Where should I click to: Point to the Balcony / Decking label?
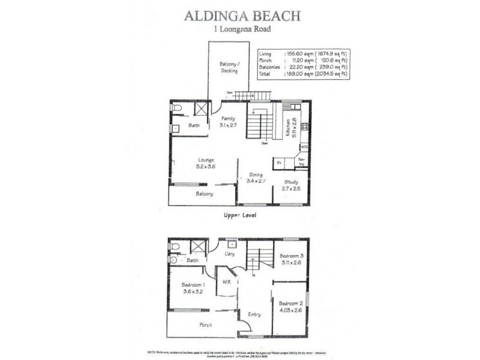click(x=229, y=67)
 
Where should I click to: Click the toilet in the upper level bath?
click(x=176, y=108)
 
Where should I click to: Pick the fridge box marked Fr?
click(x=279, y=163)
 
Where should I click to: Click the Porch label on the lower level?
click(x=205, y=325)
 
